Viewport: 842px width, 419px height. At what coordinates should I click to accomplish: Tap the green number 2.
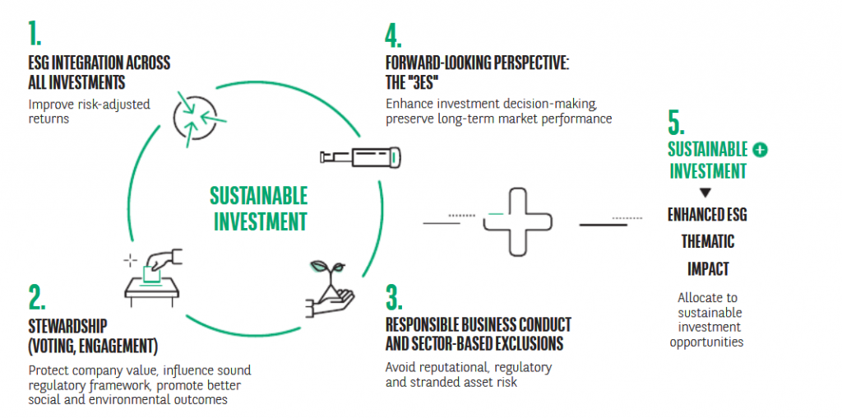pos(37,298)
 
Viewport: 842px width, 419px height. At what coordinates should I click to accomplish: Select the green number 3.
pos(394,298)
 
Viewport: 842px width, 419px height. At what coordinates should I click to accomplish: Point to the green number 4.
pos(394,35)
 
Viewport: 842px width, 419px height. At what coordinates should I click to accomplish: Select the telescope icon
pos(360,157)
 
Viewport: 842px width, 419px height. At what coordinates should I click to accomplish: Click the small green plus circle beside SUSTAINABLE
pos(760,151)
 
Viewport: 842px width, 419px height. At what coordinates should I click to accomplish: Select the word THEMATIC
pos(708,241)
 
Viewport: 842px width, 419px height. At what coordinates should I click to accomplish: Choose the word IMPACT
pos(708,268)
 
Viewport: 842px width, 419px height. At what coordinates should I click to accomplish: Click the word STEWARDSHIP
pos(67,326)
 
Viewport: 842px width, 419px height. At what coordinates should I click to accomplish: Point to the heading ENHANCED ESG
pos(707,215)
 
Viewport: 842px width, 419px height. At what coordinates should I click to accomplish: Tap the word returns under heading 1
pos(49,119)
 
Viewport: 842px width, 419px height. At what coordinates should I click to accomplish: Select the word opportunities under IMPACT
pos(706,342)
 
